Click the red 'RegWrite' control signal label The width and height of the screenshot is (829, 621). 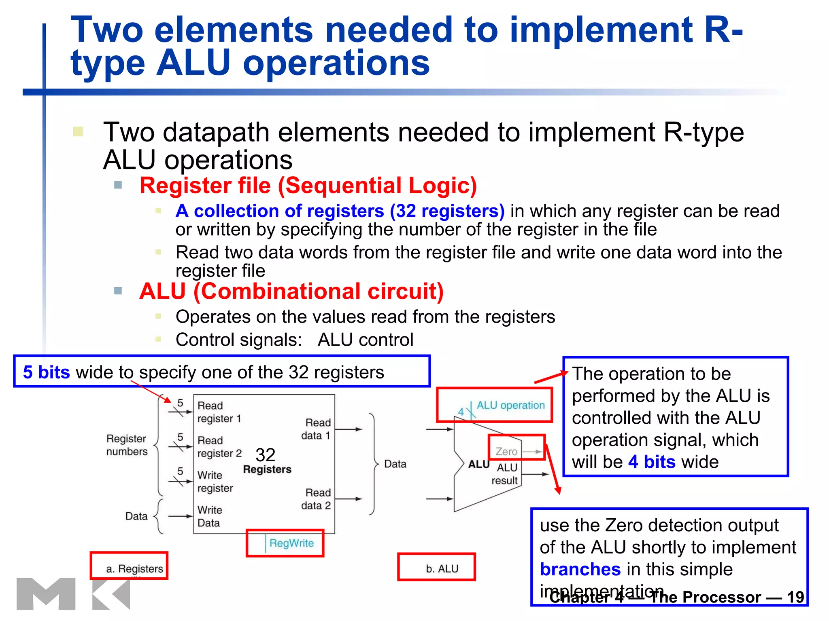291,543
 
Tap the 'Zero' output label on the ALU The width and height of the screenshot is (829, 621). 506,451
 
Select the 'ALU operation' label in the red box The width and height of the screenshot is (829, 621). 510,405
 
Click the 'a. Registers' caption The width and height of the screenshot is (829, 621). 134,569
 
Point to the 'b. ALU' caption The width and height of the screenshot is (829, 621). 442,569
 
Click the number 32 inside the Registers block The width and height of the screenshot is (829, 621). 266,455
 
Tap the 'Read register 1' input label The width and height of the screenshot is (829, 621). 219,412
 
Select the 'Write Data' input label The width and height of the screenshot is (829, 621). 210,516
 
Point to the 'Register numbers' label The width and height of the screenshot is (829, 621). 126,445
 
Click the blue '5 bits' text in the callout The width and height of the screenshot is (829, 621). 46,372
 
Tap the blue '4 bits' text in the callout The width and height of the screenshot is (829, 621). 651,462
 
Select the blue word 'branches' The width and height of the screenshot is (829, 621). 580,569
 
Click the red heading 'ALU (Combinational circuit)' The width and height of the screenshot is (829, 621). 291,291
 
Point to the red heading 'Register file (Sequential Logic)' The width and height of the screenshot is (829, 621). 308,186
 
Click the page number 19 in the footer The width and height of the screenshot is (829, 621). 795,597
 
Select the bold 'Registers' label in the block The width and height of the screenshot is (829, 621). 267,469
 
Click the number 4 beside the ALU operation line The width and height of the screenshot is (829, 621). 461,412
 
